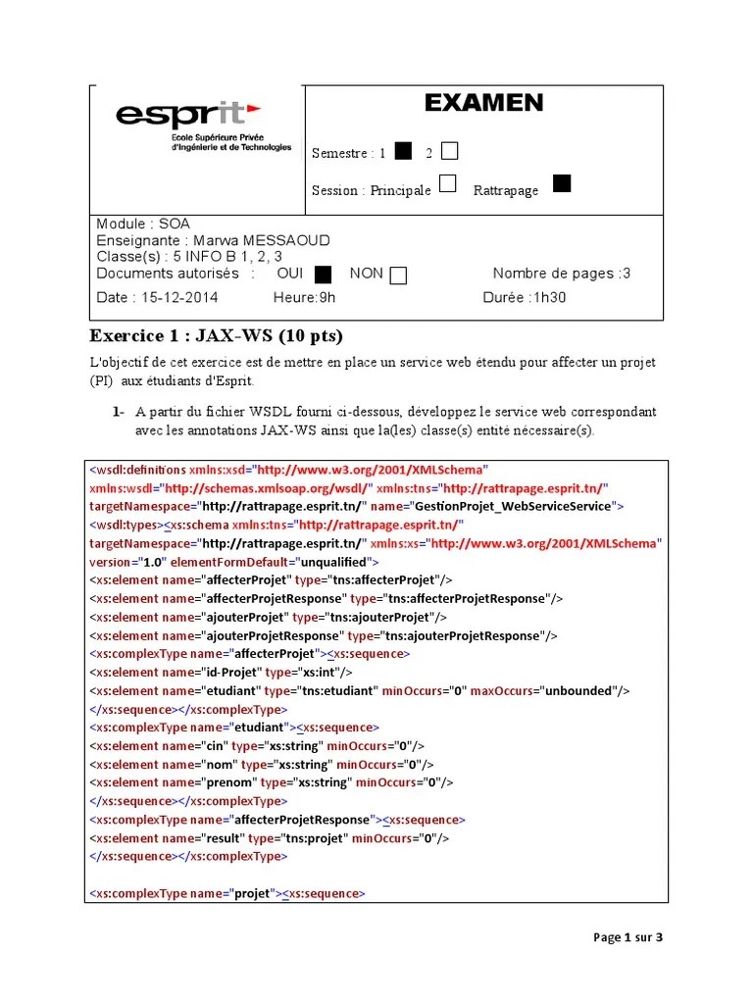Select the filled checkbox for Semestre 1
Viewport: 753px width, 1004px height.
click(x=403, y=151)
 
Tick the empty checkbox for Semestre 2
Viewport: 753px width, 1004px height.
click(x=449, y=151)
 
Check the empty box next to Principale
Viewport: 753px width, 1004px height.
click(x=447, y=184)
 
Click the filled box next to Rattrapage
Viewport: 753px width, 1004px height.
click(x=561, y=184)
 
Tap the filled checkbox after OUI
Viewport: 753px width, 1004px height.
click(x=324, y=275)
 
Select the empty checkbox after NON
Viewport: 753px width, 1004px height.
click(x=398, y=276)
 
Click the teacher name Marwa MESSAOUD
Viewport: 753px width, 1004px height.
click(x=261, y=240)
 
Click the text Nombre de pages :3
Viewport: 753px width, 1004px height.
click(x=561, y=274)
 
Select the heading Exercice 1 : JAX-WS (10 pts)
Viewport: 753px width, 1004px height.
click(x=217, y=336)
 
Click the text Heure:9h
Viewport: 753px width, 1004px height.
click(x=304, y=298)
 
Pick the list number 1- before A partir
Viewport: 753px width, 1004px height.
click(x=118, y=412)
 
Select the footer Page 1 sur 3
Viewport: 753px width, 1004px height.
click(x=628, y=937)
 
